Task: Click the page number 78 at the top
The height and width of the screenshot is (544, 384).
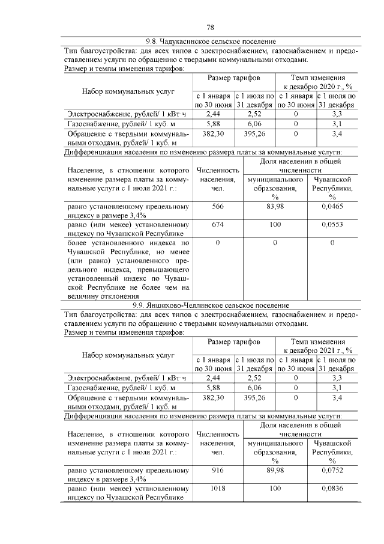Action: [211, 28]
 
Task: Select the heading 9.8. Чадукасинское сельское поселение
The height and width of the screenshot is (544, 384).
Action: [211, 41]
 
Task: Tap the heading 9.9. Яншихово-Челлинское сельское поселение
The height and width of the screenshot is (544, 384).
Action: [211, 305]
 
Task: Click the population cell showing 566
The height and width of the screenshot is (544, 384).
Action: [217, 206]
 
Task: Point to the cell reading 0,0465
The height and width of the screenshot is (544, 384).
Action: [332, 206]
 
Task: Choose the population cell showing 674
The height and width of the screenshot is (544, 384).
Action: [217, 224]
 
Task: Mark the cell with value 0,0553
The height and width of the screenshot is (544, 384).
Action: [332, 224]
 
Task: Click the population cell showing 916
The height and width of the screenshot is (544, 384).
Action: [217, 471]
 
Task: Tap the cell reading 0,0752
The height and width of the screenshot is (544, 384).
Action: [332, 471]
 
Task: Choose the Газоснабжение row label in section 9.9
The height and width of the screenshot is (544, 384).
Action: [107, 388]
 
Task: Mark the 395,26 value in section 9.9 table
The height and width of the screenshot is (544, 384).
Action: [254, 398]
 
